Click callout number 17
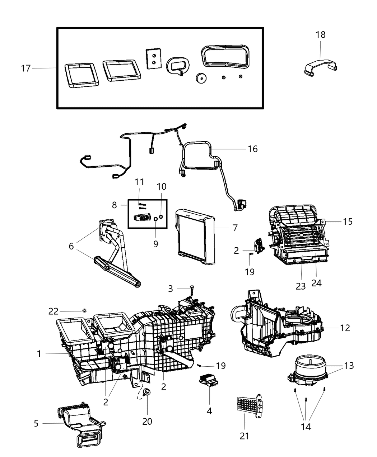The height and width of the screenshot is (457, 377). point(26,68)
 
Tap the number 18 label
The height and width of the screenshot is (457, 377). point(321,35)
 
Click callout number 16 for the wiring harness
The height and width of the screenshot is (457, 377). point(253,149)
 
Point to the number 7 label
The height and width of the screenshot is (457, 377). point(235,228)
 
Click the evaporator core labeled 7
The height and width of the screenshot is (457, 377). point(196,238)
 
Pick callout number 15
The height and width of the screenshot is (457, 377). point(348,222)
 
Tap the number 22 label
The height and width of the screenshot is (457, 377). point(53,311)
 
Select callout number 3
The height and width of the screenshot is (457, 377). point(171,288)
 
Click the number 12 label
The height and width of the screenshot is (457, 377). point(345,328)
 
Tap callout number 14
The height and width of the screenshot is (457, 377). point(306,427)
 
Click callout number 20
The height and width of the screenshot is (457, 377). point(147,421)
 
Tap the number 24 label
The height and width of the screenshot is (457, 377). point(316,283)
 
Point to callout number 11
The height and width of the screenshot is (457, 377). point(139,182)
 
